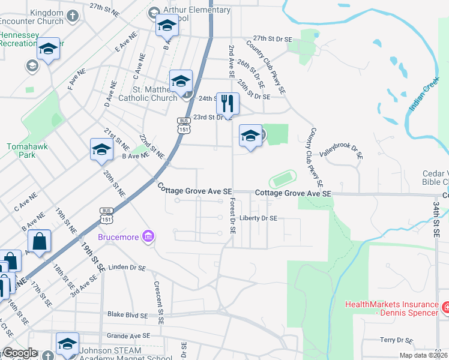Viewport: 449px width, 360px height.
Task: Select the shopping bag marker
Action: (x=39, y=242)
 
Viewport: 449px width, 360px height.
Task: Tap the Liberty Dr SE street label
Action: (x=258, y=218)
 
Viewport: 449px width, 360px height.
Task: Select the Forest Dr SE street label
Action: (x=232, y=217)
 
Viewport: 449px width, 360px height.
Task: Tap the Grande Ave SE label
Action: (x=128, y=336)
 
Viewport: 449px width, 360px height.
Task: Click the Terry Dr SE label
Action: (x=396, y=340)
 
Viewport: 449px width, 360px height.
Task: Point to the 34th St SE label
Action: (x=436, y=218)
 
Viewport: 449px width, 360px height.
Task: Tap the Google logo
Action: (x=20, y=353)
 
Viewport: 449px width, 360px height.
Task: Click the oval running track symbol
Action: (x=283, y=179)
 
